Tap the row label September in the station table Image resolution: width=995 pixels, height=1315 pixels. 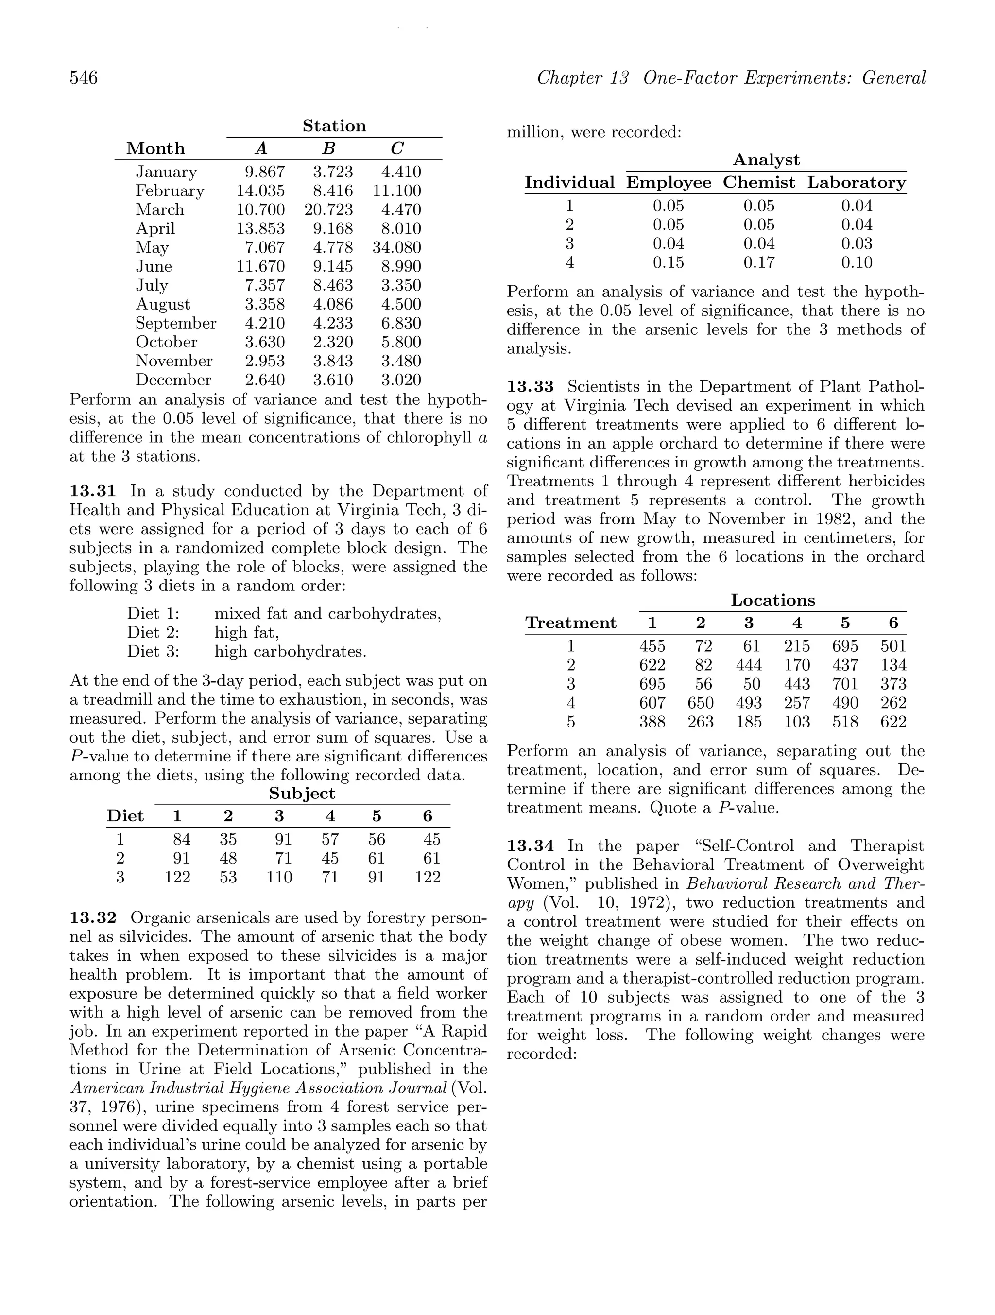click(175, 323)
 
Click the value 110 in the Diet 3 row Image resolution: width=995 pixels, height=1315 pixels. click(279, 877)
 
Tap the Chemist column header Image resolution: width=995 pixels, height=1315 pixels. click(758, 183)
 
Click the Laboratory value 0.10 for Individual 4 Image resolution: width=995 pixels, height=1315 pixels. click(857, 262)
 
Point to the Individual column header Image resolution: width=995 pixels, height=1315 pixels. click(569, 183)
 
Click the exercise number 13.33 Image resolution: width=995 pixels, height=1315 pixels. click(530, 386)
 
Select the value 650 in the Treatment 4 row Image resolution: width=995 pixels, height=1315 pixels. click(700, 703)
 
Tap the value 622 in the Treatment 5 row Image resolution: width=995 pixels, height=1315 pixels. click(893, 722)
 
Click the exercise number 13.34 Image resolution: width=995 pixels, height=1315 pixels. click(530, 846)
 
